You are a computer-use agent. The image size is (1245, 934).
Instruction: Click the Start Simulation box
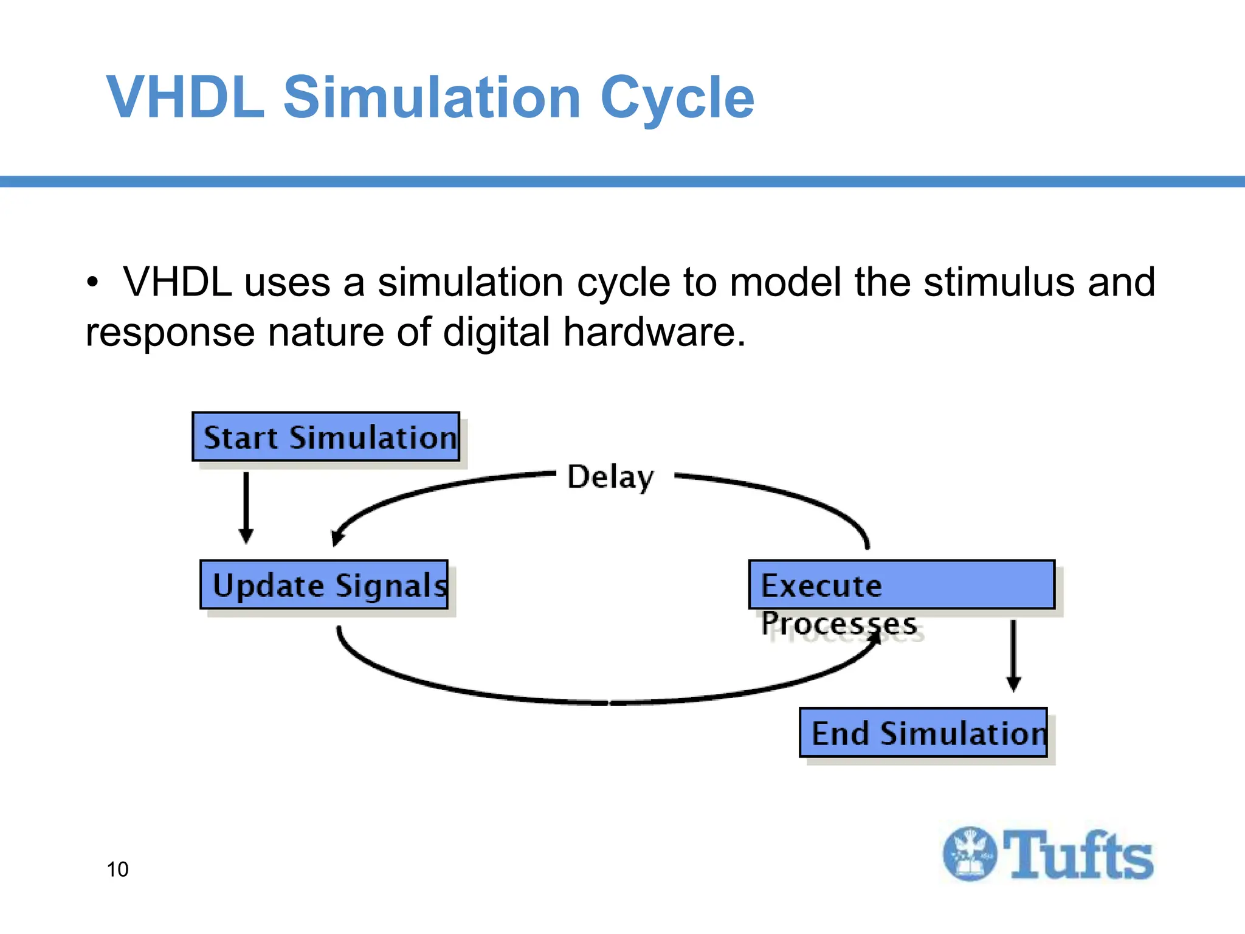(x=326, y=437)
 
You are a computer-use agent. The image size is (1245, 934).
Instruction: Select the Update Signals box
(x=324, y=585)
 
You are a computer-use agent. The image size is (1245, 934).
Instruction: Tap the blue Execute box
(x=902, y=585)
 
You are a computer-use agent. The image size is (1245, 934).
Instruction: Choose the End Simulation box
(x=923, y=733)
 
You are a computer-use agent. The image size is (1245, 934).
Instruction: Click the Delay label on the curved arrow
(x=610, y=477)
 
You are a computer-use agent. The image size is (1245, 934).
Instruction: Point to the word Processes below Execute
(x=839, y=624)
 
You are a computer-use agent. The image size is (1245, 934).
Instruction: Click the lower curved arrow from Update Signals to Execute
(x=608, y=702)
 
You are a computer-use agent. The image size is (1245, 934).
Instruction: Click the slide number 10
(x=117, y=870)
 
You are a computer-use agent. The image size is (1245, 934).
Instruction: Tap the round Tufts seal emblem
(x=970, y=854)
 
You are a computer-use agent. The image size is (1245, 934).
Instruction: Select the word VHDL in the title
(x=186, y=97)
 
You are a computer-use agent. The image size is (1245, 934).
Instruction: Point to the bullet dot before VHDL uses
(x=92, y=283)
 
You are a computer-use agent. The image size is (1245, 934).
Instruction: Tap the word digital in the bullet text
(x=496, y=333)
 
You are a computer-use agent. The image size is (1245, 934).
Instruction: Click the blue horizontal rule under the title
(x=622, y=181)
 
